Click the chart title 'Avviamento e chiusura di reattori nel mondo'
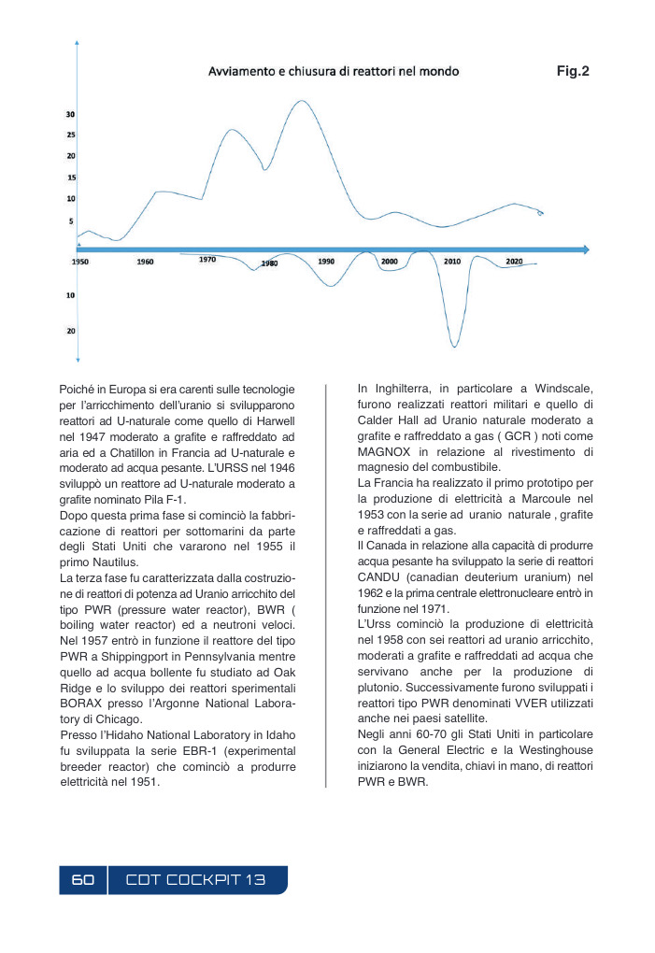coord(333,71)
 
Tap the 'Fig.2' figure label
coord(573,70)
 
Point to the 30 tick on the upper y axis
coord(70,114)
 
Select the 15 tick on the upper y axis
coord(71,177)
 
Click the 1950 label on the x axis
coord(80,263)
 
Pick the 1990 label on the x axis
coord(326,262)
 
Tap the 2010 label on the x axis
coord(452,262)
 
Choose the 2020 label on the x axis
coord(514,262)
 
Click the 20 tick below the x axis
coord(70,331)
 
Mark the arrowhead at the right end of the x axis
coord(585,249)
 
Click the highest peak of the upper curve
coord(300,101)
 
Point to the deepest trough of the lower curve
coord(454,347)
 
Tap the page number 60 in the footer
coord(83,880)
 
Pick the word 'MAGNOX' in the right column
coord(383,452)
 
